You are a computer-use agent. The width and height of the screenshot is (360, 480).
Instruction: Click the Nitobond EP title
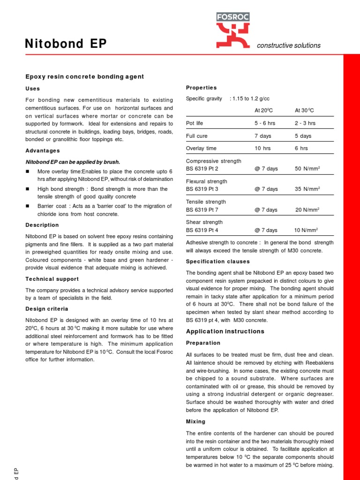[66, 44]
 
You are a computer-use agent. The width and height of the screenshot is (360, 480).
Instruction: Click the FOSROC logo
[233, 30]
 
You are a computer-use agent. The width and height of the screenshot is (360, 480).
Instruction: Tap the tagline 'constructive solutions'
[289, 45]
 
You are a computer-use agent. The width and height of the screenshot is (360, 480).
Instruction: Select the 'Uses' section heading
[32, 89]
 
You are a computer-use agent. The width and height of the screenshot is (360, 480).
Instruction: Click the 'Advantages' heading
[42, 150]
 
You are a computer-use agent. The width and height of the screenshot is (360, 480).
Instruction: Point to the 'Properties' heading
[201, 88]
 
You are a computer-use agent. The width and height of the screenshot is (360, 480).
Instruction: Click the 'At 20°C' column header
[264, 110]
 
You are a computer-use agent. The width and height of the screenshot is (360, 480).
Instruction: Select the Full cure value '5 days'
[303, 136]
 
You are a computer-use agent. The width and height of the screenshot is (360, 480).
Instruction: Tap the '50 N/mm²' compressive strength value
[307, 169]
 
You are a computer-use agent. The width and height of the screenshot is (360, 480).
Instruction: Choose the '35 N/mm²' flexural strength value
[307, 189]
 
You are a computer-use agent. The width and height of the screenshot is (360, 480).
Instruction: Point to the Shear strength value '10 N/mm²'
[306, 230]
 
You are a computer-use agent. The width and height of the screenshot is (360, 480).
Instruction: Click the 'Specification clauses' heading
[217, 262]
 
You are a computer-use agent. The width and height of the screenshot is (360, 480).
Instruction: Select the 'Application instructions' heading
[225, 331]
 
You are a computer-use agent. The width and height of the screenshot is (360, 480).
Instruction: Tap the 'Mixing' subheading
[195, 421]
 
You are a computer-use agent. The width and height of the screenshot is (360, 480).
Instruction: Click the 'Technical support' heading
[52, 279]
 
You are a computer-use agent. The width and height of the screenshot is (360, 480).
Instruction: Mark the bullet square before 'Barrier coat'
[27, 206]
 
